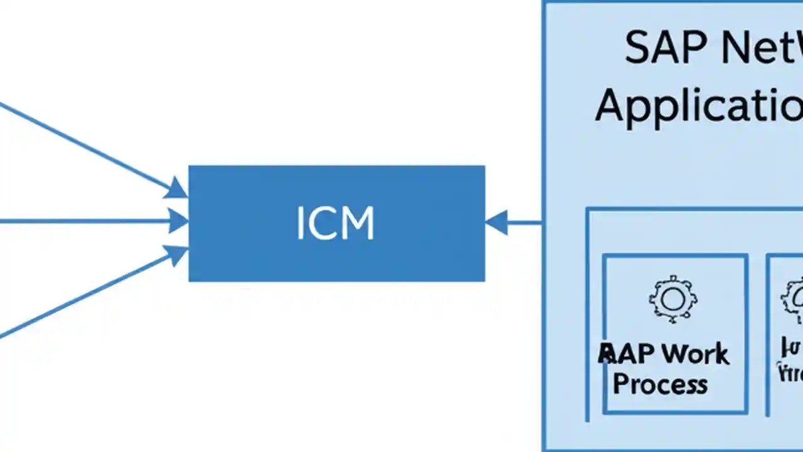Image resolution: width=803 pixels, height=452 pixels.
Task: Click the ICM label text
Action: tap(335, 223)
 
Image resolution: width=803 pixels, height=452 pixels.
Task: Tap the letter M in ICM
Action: tap(359, 223)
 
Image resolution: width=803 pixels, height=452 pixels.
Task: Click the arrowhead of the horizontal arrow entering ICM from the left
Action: tap(179, 221)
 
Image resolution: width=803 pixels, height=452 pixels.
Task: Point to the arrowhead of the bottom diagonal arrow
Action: tap(177, 254)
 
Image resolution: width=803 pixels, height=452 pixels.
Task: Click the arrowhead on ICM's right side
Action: tap(496, 222)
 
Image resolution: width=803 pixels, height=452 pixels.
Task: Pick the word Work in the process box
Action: tap(697, 355)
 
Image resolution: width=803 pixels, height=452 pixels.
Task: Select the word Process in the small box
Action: tap(660, 384)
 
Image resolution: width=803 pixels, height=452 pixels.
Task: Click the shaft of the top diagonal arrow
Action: tap(82, 145)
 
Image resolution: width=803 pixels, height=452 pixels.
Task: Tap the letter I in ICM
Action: tap(300, 223)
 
